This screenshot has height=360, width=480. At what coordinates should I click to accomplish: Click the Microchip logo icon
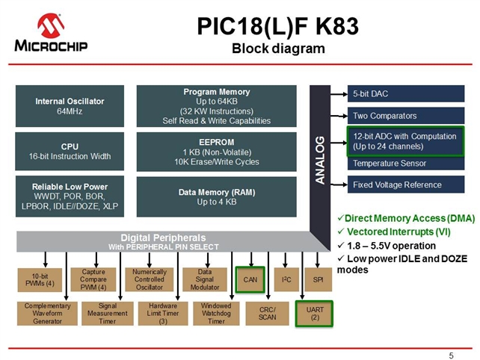coord(51,25)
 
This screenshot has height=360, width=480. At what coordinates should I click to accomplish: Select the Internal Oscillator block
coord(70,106)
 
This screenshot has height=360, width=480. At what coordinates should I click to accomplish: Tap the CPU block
coord(70,152)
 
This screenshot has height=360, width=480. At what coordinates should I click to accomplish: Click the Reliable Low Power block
coord(70,196)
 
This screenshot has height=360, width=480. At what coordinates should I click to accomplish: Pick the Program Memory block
coord(216,106)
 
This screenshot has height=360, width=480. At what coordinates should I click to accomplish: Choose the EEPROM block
coord(216,152)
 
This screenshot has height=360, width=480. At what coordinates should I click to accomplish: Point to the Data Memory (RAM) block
coord(216,197)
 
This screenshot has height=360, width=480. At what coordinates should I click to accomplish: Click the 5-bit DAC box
coord(406,93)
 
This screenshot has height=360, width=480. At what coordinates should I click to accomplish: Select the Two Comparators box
coord(406,116)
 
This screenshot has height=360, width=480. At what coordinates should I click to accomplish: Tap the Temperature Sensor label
coord(390,164)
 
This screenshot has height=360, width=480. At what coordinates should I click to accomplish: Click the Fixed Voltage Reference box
coord(406,184)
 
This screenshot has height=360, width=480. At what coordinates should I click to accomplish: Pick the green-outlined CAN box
coord(250,279)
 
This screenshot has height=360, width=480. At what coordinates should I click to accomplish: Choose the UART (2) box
coord(314,314)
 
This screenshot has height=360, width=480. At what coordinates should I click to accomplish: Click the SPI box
coord(319,279)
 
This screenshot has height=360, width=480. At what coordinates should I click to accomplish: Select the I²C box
coord(286,279)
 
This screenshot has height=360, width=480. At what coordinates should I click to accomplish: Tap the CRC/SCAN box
coord(267,314)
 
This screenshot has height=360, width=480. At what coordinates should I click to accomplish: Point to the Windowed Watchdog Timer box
coord(216,314)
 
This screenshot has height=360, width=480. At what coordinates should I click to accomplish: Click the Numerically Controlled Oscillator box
coord(150,279)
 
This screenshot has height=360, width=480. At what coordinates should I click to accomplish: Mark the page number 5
coord(452,356)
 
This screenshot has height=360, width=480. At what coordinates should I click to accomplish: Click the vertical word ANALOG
coord(320,161)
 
